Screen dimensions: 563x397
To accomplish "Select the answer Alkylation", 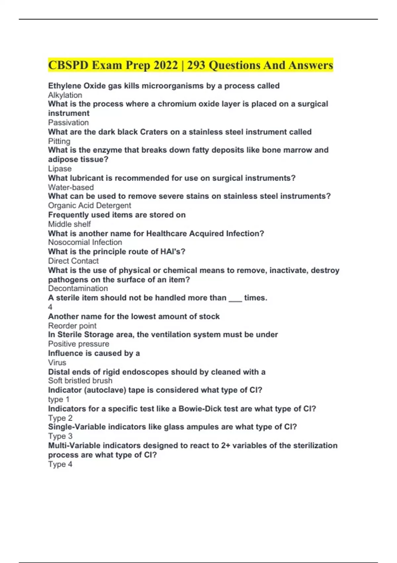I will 65,95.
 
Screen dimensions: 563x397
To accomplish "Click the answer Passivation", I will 68,123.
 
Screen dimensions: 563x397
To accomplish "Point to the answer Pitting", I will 59,141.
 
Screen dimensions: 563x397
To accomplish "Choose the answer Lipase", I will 60,169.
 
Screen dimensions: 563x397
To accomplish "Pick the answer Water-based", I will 71,187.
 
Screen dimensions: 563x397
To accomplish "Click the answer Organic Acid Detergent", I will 90,205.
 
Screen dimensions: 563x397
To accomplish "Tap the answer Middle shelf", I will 69,224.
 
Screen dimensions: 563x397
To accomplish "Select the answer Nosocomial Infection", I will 85,242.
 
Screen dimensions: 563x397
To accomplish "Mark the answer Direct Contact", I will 73,261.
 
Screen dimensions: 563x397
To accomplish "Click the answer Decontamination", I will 78,288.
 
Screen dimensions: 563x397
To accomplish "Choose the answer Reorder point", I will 72,326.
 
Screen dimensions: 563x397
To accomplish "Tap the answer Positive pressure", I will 79,344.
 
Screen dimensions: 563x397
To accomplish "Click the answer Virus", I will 57,362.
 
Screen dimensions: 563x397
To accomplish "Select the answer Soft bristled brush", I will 80,381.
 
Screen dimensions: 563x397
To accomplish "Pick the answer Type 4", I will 60,464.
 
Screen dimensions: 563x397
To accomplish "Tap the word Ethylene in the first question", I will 65,86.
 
